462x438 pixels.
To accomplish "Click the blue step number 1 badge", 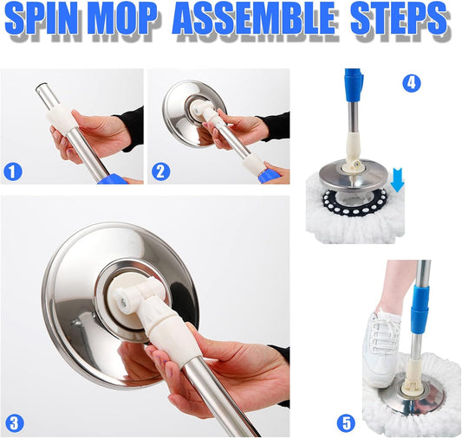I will click(13, 171).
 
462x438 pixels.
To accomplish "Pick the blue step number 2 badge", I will click(160, 171).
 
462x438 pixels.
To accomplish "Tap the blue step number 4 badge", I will click(413, 84).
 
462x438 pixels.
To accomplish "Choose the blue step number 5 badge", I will click(347, 423).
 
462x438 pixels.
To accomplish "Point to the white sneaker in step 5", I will click(381, 346).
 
